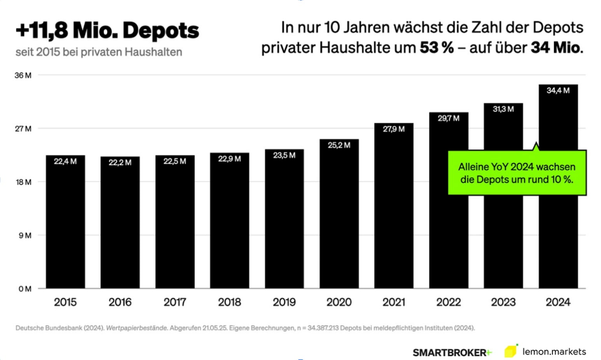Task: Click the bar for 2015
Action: coord(65,225)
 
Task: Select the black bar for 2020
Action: coord(339,218)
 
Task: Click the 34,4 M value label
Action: coord(558,91)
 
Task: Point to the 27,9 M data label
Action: coord(393,129)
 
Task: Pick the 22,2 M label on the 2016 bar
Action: coord(120,163)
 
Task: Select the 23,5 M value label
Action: coord(284,156)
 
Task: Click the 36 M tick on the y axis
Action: coord(23,75)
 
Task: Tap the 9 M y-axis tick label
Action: coord(25,236)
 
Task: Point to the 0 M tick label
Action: coord(25,289)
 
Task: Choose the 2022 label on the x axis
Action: coord(448,302)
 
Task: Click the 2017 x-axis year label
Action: coord(175,302)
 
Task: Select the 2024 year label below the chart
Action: coord(558,302)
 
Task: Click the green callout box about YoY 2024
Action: coord(517,173)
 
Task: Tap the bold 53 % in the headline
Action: coord(437,48)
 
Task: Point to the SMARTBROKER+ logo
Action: coord(452,353)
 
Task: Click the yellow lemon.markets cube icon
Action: coord(511,351)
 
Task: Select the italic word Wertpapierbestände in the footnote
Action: coord(136,328)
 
